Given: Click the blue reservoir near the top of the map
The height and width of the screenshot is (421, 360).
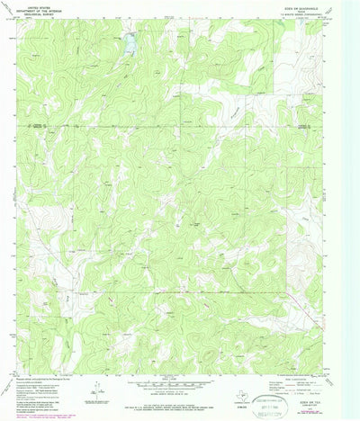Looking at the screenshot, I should click(130, 40).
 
